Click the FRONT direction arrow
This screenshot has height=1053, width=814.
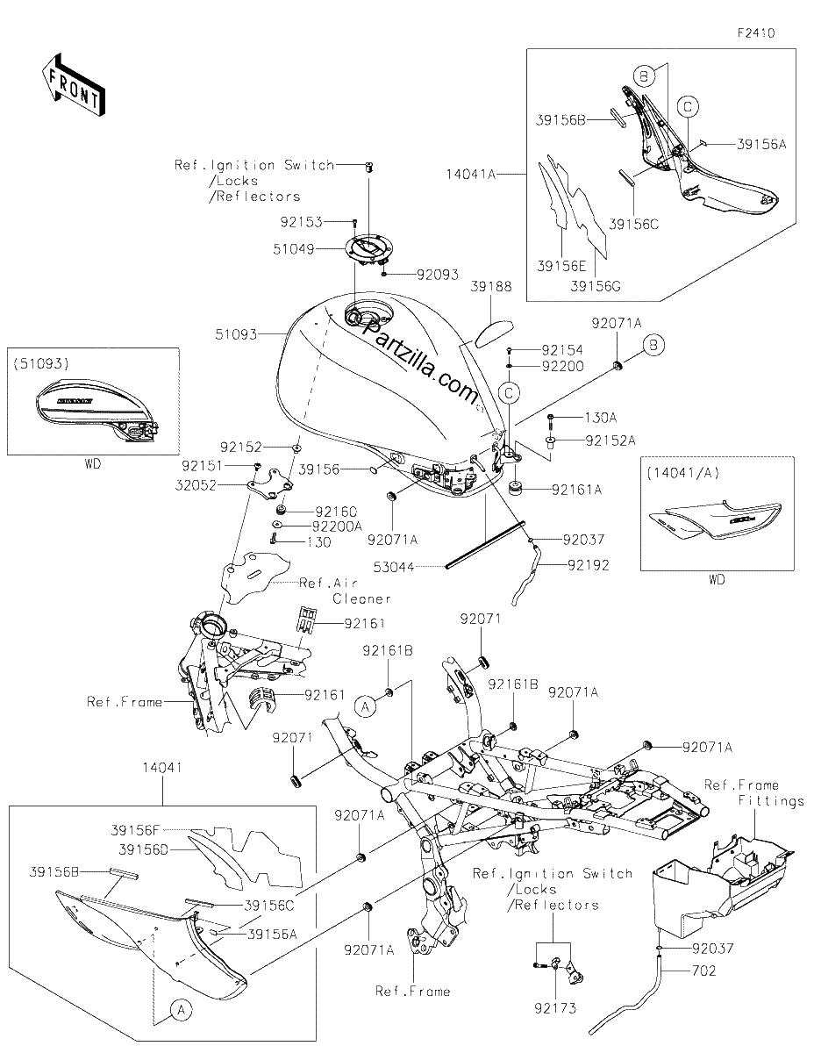pyautogui.click(x=73, y=86)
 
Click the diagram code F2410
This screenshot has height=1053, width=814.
pyautogui.click(x=756, y=33)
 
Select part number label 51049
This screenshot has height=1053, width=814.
pyautogui.click(x=294, y=249)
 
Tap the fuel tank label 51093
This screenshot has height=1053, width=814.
pyautogui.click(x=236, y=334)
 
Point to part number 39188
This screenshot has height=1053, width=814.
pyautogui.click(x=491, y=286)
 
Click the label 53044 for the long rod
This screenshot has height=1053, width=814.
pyautogui.click(x=394, y=566)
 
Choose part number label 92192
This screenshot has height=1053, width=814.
pyautogui.click(x=589, y=565)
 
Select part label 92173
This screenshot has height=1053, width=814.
pyautogui.click(x=555, y=1009)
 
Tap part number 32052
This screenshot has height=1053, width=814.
pyautogui.click(x=196, y=485)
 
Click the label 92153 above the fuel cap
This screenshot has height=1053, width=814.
pyautogui.click(x=301, y=222)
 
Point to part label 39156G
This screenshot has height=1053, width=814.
pyautogui.click(x=596, y=286)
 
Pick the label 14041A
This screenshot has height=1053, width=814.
pyautogui.click(x=471, y=174)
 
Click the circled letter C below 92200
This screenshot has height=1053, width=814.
pyautogui.click(x=509, y=393)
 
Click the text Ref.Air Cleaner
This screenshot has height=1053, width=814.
pyautogui.click(x=345, y=591)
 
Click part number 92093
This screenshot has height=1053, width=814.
pyautogui.click(x=438, y=275)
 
